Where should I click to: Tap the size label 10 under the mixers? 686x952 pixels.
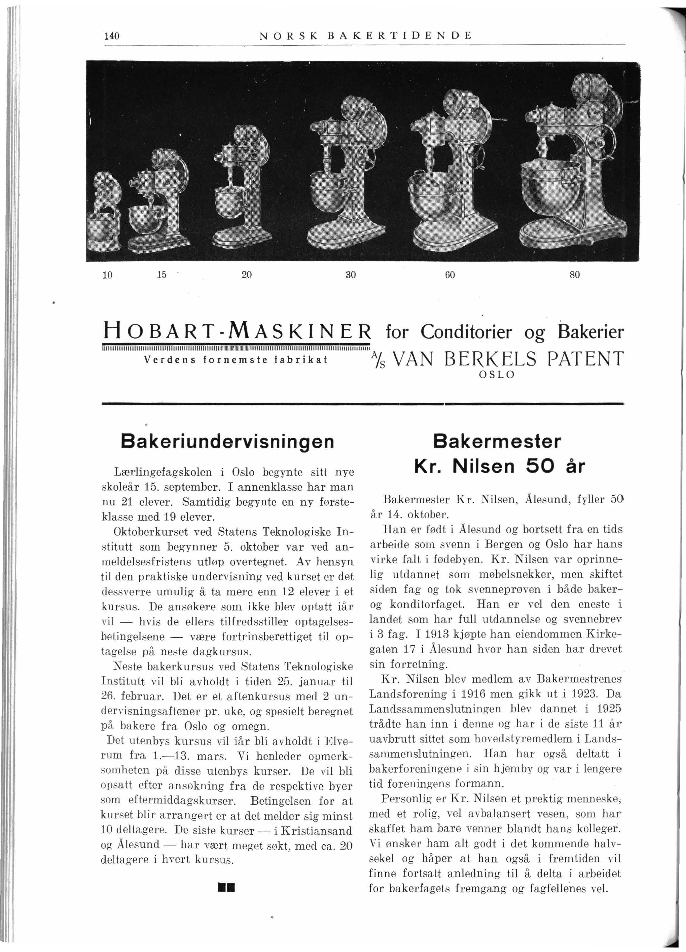[107, 275]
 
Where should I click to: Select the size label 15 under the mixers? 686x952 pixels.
[162, 275]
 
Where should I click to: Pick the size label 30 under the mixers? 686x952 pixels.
[351, 275]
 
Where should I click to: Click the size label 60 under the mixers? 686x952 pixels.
[450, 275]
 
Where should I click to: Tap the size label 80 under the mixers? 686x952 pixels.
[574, 275]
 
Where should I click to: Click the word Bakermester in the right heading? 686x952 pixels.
[497, 441]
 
